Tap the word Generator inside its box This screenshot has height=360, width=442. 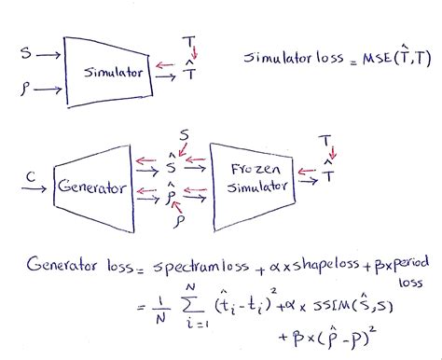[91, 187]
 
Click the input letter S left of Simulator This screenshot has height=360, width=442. [24, 53]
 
